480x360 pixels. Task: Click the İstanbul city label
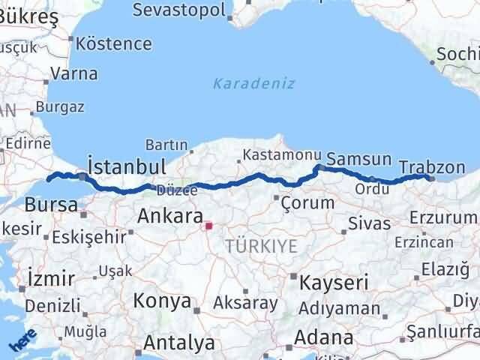126,166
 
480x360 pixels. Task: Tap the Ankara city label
169,217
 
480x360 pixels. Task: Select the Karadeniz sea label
253,83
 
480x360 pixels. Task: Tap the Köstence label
114,43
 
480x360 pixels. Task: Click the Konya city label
161,301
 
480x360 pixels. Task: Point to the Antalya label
178,343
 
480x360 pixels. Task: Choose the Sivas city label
370,223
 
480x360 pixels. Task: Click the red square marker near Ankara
209,224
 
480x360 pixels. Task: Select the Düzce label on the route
178,191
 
